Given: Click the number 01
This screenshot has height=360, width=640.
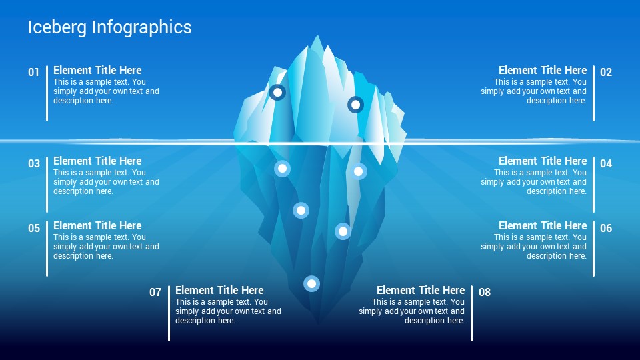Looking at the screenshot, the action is tap(33, 72).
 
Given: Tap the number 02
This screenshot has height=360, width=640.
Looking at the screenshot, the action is tap(606, 72).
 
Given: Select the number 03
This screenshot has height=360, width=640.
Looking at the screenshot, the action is tap(34, 164).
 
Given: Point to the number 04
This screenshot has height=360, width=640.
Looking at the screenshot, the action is tap(606, 164).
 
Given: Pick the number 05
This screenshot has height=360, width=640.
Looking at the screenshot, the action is tap(34, 228).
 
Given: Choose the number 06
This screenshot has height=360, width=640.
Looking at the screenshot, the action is tap(606, 228).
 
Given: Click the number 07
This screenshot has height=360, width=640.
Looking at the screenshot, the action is tap(155, 292).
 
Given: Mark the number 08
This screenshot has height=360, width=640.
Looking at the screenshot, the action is tap(485, 292).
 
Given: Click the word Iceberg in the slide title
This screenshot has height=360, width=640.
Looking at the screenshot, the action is tap(57, 28).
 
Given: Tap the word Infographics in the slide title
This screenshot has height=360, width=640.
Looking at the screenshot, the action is tap(141, 28).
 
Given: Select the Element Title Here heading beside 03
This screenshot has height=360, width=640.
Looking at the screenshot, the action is tap(97, 161).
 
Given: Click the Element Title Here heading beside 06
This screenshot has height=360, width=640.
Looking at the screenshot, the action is tap(543, 226).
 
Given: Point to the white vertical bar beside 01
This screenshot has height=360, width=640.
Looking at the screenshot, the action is tap(47, 93).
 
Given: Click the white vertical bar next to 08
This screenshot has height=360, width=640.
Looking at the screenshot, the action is tap(471, 313).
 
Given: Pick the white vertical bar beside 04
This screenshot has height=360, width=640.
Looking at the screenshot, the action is tap(593, 185).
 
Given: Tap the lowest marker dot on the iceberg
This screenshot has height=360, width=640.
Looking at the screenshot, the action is tap(311, 283).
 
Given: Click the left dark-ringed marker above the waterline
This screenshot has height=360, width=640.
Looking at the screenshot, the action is tap(277, 92).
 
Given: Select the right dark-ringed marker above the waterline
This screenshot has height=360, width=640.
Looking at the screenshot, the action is tap(355, 105).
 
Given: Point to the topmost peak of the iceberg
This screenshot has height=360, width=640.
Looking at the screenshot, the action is tap(317, 36).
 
